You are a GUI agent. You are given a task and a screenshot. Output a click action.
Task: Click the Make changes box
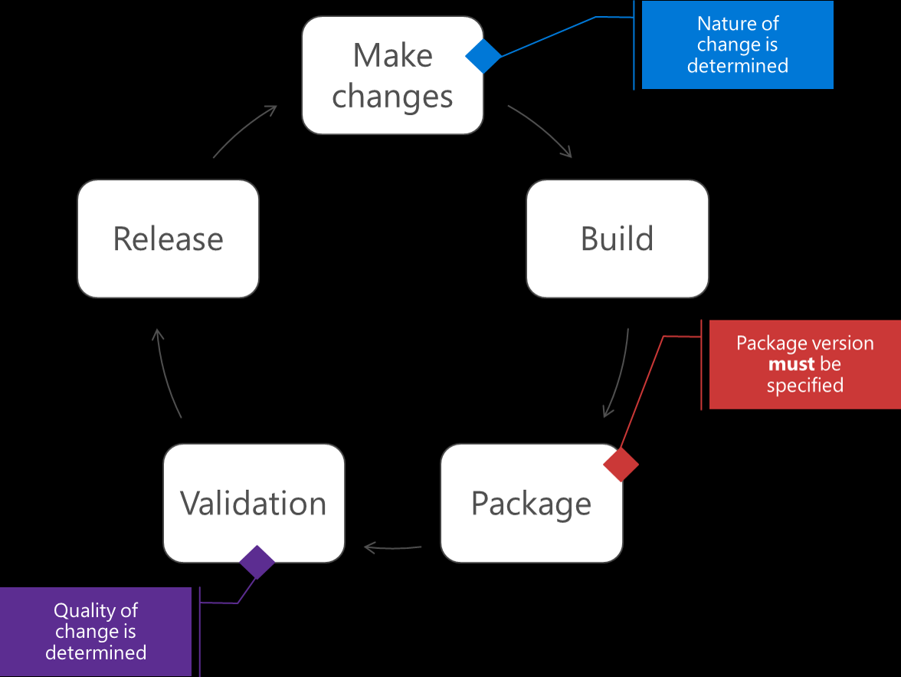(392, 76)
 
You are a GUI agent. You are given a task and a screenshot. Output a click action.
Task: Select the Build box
(617, 238)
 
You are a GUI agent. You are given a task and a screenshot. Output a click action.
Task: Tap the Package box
(531, 504)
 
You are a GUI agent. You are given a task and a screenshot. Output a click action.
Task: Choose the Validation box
(254, 504)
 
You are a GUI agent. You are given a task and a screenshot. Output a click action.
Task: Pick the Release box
(168, 238)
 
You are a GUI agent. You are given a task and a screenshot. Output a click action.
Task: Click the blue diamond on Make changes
(483, 56)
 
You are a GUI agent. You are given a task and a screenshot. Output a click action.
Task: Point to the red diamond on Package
(621, 465)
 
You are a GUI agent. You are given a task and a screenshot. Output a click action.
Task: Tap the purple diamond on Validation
(257, 563)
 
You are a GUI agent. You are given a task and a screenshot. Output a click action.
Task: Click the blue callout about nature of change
(737, 45)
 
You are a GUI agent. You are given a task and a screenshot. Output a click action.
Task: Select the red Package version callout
(804, 364)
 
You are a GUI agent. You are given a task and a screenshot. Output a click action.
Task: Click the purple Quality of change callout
(96, 632)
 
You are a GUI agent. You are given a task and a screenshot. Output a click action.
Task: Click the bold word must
(791, 364)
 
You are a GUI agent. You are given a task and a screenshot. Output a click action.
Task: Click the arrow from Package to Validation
(393, 547)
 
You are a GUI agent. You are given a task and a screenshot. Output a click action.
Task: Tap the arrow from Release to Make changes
(244, 131)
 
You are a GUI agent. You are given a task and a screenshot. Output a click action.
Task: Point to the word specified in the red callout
(804, 385)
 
